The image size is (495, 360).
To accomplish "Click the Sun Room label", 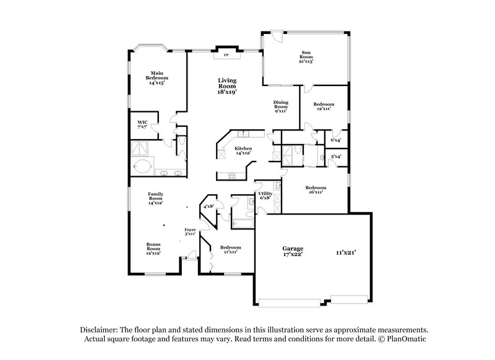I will tap(306, 57).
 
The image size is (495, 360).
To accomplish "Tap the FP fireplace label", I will tap(225, 55).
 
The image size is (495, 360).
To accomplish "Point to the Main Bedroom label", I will tap(157, 78).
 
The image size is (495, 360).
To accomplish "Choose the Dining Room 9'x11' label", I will tap(282, 106).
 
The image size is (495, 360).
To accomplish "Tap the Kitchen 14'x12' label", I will tap(243, 151).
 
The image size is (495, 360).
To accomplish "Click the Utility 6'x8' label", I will tap(265, 195).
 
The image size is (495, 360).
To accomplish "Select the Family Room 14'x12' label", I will tap(155, 198).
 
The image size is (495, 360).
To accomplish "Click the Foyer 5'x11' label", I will tap(191, 232).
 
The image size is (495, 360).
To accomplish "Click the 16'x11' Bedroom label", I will tap(315, 190).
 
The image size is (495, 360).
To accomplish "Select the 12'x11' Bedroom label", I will tap(324, 106).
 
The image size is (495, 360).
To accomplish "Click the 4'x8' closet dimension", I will tap(209, 205).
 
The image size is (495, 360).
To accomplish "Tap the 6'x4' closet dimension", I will tap(337, 140).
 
